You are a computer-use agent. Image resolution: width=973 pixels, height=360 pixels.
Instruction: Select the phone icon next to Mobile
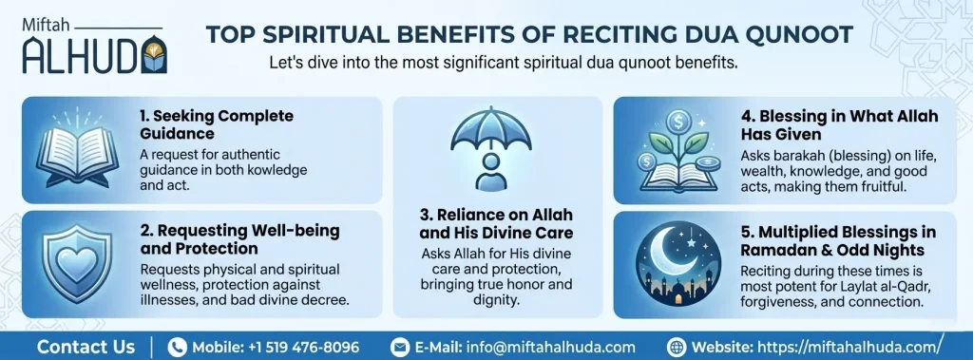(177, 347)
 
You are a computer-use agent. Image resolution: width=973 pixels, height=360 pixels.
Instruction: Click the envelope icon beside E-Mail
(400, 347)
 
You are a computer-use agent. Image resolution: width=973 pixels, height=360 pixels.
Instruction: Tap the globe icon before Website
(677, 347)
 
